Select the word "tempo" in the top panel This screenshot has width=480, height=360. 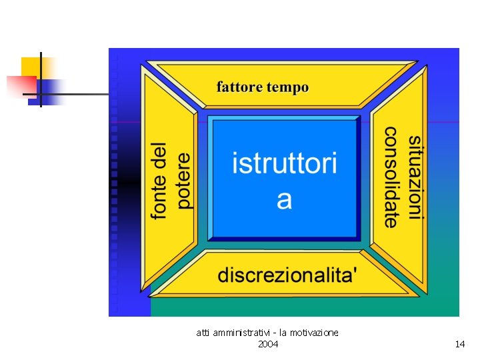pos(287,87)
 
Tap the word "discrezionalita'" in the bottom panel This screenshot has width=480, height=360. pos(287,274)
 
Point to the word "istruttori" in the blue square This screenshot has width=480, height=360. pos(285,163)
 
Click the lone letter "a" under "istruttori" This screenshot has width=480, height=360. pos(285,199)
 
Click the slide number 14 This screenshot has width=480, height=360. pos(459,344)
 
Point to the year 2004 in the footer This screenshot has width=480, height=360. pos(268,344)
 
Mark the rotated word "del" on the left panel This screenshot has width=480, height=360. pos(159,154)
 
